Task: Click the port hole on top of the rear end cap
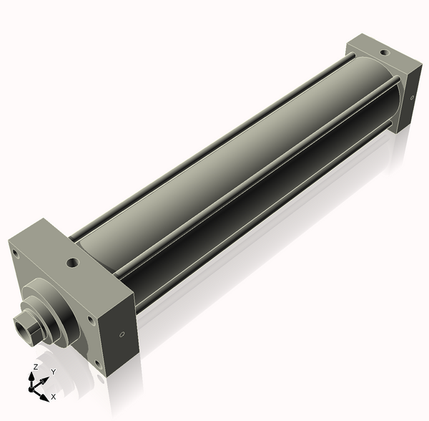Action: [x=384, y=52]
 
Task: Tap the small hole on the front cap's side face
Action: [x=122, y=334]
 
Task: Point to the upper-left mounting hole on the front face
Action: [x=16, y=252]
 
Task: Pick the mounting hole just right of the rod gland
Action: [x=89, y=319]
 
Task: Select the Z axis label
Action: [x=34, y=367]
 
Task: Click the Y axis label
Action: [x=53, y=372]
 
